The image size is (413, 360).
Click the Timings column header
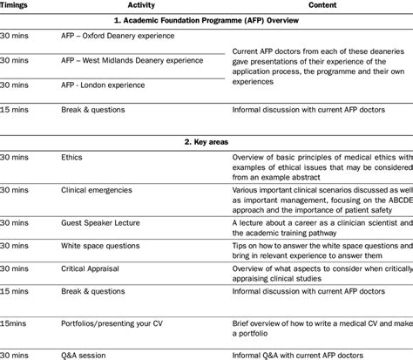(18, 5)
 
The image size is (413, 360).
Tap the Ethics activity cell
(73, 159)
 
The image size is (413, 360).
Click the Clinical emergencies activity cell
(97, 188)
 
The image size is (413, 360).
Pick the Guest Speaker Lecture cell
(99, 222)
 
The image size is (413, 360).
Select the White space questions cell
(100, 247)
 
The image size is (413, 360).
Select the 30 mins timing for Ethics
(17, 159)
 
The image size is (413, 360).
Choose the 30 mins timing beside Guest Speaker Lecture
(17, 222)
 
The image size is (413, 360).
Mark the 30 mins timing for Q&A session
(17, 354)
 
